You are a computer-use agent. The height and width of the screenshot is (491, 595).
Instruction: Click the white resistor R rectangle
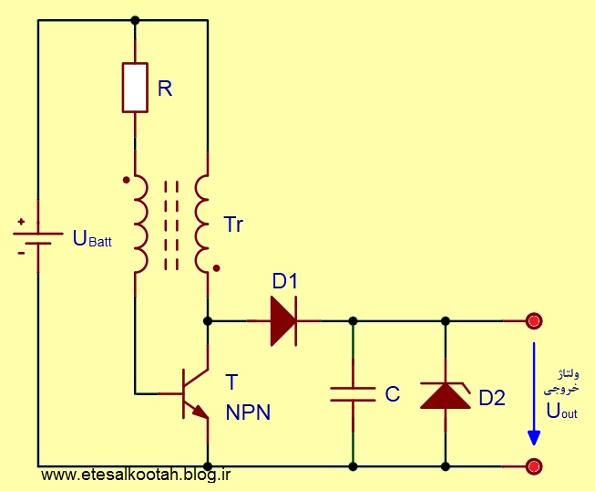tap(135, 88)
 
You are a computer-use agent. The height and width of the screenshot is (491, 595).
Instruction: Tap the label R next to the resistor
tap(165, 89)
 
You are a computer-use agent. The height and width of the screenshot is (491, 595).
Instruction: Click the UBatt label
tap(92, 238)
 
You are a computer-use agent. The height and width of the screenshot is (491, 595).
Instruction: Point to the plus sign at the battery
tap(21, 221)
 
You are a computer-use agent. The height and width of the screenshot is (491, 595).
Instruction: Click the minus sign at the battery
tap(21, 253)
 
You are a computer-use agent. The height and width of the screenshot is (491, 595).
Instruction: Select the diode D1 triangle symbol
tap(283, 321)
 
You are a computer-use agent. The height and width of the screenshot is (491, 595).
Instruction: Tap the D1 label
tap(285, 281)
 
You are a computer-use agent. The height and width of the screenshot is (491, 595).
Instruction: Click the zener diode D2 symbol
tap(446, 395)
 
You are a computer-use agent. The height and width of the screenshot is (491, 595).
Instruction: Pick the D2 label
tap(492, 398)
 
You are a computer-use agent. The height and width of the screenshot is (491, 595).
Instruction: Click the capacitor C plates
tap(353, 394)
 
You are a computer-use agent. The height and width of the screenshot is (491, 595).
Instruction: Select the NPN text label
tap(248, 412)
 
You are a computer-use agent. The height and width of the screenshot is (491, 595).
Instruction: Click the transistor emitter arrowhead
tap(201, 412)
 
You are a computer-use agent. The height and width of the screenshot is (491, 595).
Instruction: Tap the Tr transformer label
tap(233, 225)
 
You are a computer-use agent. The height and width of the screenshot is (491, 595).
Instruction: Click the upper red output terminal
tap(534, 321)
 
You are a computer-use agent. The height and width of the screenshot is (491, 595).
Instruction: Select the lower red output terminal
tap(534, 466)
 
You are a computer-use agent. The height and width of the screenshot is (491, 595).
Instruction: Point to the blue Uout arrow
tap(534, 393)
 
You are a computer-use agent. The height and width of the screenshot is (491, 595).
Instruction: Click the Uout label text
tap(561, 411)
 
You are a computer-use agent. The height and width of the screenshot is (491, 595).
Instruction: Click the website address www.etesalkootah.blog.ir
tap(136, 475)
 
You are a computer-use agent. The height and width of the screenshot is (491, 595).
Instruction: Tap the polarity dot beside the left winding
tap(127, 180)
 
